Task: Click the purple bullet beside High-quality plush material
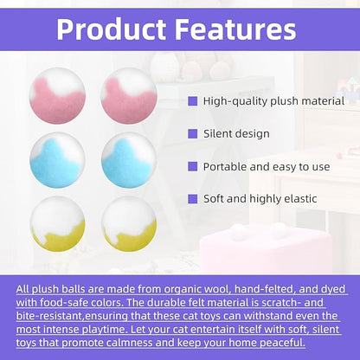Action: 192,101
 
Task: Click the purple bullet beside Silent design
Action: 192,134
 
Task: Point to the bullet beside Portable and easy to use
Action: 192,165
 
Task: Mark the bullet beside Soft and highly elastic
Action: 192,198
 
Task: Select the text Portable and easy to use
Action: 259,165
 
